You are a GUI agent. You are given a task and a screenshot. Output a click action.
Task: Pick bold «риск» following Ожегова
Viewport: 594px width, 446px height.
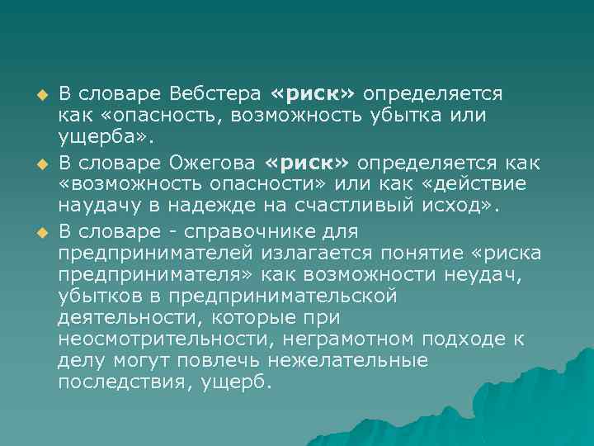tap(306, 160)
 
